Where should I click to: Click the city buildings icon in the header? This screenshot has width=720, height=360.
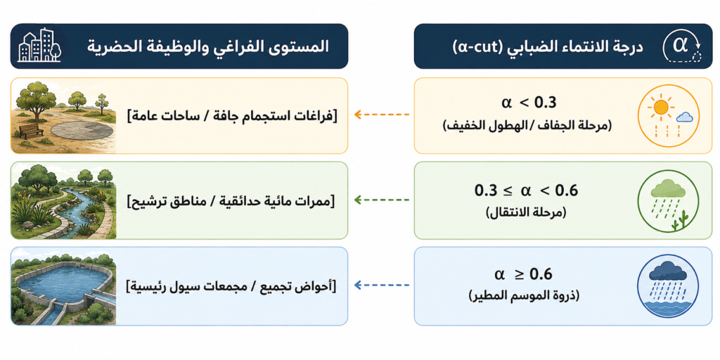[39, 46]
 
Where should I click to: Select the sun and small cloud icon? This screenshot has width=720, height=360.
[670, 115]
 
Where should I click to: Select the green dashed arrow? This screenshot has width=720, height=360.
[382, 200]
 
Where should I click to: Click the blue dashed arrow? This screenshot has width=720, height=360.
[382, 285]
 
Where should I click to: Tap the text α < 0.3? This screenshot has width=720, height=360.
[528, 103]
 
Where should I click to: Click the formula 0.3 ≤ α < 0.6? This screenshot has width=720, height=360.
[526, 190]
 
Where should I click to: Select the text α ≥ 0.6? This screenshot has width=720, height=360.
[523, 275]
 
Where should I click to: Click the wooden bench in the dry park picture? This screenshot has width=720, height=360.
[32, 131]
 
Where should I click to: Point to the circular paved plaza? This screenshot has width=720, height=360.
[82, 129]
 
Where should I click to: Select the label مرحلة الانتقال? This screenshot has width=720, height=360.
[526, 214]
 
